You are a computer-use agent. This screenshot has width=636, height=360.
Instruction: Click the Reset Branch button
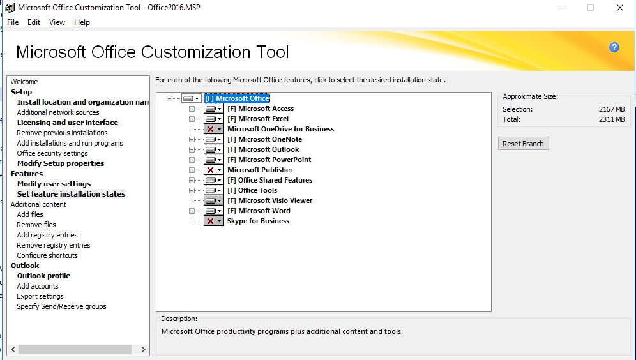[523, 144]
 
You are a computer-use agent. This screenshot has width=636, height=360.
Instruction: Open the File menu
[13, 22]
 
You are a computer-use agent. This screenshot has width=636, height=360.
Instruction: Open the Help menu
[82, 22]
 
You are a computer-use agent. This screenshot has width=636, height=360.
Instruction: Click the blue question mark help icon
[614, 47]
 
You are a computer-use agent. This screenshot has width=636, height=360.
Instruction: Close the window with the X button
[620, 8]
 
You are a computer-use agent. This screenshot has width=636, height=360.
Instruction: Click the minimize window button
[562, 8]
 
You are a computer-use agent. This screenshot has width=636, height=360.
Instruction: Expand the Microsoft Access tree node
[192, 109]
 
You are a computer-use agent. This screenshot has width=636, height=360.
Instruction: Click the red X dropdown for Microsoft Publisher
[214, 170]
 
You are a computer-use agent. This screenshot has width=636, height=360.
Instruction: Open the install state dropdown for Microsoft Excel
[214, 119]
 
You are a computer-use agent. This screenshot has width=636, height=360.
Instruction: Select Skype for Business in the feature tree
[258, 221]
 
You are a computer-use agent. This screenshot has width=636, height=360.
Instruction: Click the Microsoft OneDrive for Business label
[281, 129]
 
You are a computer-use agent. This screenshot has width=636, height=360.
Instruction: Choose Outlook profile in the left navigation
[43, 276]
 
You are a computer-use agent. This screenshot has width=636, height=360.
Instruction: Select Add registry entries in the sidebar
[47, 235]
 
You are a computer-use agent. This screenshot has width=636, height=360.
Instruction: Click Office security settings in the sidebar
[52, 153]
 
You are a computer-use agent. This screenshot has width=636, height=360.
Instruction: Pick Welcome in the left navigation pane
[24, 82]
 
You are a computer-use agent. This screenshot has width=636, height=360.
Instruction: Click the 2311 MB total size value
[612, 119]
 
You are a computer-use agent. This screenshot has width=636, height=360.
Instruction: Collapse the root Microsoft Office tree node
[170, 98]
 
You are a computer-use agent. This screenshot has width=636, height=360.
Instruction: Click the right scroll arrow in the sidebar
[143, 349]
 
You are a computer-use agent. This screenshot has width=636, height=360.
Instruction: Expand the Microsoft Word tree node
[192, 211]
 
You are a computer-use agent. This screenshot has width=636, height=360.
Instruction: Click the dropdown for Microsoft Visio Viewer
[214, 200]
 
